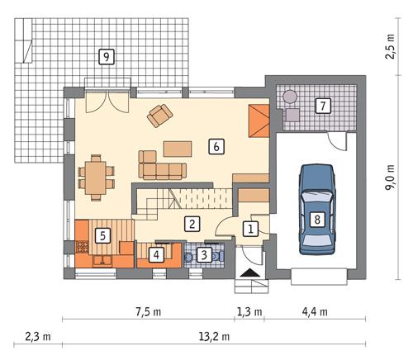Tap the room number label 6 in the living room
pos(216,146)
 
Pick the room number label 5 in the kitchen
pos(102,235)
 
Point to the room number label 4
pos(156,254)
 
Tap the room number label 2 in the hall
pos(191,223)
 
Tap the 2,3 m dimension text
pos(34,336)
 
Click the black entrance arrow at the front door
pos(249,273)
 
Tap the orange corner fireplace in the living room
pos(260,121)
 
